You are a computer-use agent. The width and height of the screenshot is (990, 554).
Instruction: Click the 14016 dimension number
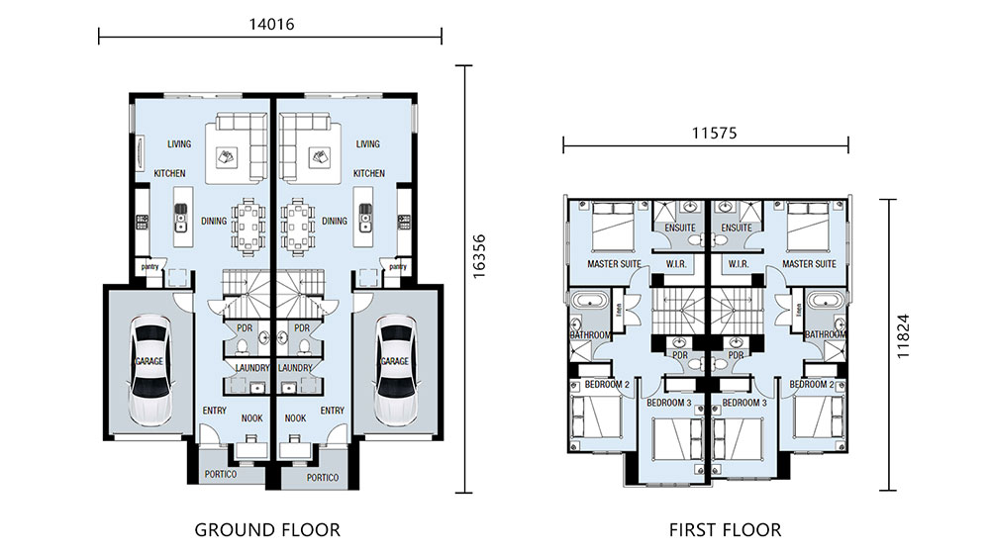[x=271, y=25]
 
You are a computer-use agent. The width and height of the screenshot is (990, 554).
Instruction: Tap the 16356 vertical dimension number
[x=479, y=256]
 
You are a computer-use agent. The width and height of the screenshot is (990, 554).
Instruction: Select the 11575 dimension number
[x=714, y=134]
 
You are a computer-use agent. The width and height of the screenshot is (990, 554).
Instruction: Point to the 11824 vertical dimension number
[x=904, y=336]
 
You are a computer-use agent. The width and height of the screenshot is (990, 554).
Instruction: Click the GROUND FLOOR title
[x=267, y=530]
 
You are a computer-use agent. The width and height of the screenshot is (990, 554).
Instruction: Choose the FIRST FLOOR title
[x=725, y=530]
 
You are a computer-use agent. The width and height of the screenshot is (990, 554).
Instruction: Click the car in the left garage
[x=150, y=369]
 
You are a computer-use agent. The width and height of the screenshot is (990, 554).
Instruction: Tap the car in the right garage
[x=395, y=369]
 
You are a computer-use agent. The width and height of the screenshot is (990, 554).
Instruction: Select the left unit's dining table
[x=249, y=226]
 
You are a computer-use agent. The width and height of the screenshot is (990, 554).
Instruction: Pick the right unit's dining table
[x=298, y=226]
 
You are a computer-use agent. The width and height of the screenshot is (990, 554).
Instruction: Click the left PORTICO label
[x=221, y=474]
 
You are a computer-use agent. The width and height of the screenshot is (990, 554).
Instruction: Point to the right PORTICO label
[x=323, y=478]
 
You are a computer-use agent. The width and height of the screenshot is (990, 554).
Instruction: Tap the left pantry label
[x=150, y=267]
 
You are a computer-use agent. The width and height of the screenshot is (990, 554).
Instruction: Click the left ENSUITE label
[x=680, y=228]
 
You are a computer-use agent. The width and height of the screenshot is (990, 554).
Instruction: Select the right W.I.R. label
[x=739, y=264]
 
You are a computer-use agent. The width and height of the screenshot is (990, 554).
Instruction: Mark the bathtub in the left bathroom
[x=588, y=301]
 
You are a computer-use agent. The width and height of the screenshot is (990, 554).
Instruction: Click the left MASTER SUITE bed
[x=613, y=226]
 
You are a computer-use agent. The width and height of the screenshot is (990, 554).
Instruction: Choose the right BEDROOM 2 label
[x=812, y=384]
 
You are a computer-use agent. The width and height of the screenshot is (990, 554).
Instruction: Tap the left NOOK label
[x=251, y=418]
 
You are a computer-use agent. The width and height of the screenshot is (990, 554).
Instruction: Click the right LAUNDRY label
[x=295, y=368]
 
